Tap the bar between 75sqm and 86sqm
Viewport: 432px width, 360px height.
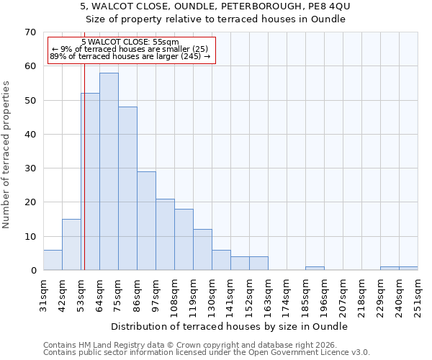(x=127, y=189)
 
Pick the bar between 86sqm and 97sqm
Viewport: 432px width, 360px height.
(x=146, y=221)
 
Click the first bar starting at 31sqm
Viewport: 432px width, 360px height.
(x=53, y=260)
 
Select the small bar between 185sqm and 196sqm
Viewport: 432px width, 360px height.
(x=315, y=269)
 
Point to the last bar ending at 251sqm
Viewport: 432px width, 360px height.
(x=408, y=269)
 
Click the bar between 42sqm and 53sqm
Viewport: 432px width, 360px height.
(x=71, y=245)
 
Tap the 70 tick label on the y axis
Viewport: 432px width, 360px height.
(x=30, y=32)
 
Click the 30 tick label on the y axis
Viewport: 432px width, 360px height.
(x=30, y=168)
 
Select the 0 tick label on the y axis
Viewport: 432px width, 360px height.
(x=32, y=271)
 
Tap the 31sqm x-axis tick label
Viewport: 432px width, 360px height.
(x=43, y=295)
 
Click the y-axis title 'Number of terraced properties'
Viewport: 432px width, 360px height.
(x=7, y=155)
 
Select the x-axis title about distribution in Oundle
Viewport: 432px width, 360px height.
(x=230, y=326)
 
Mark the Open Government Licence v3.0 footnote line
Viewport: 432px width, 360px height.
(x=207, y=353)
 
